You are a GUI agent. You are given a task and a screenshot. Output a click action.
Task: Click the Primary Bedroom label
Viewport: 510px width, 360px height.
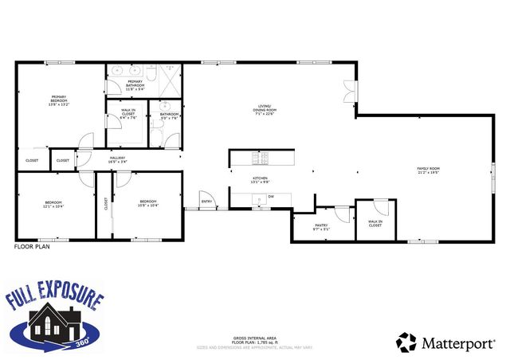pos(60,100)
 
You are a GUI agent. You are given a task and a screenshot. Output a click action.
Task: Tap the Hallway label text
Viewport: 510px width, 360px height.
pos(117,160)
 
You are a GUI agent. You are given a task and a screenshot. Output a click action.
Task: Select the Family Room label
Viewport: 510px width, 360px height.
pos(429,170)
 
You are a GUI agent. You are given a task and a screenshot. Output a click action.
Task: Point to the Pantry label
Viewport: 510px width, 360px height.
pos(321,226)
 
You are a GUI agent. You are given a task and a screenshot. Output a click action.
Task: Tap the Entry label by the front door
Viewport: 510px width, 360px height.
pos(207,202)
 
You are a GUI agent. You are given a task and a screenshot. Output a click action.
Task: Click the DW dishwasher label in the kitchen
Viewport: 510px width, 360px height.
pos(271,196)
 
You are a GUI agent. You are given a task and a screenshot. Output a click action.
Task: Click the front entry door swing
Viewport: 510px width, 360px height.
pos(205,195)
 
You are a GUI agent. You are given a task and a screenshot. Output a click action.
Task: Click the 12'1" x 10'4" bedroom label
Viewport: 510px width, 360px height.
pos(53,204)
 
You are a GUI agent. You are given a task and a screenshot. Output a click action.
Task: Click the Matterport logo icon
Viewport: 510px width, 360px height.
pos(406,342)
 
